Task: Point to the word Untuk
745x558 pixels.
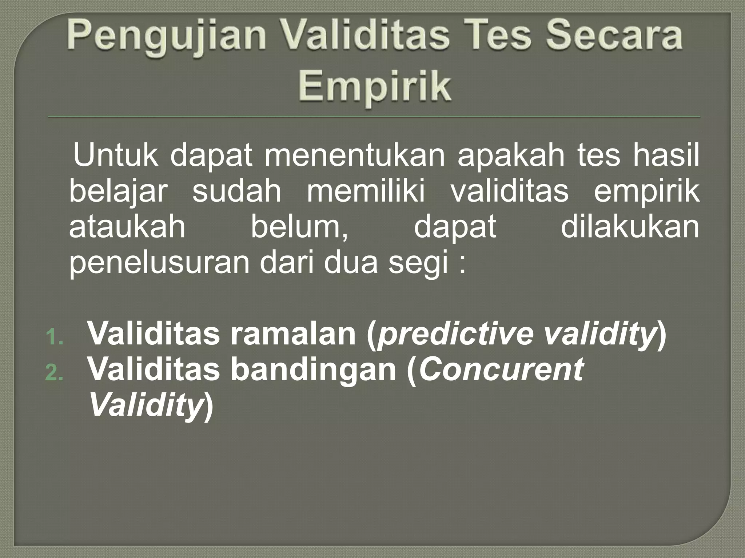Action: (x=116, y=156)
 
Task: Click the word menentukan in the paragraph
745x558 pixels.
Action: (x=355, y=156)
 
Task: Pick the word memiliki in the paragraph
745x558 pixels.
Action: (x=366, y=192)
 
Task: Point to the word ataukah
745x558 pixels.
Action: (x=127, y=227)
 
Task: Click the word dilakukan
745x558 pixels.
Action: (x=630, y=227)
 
